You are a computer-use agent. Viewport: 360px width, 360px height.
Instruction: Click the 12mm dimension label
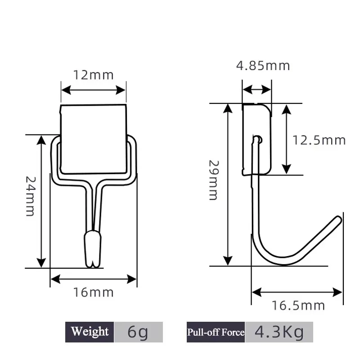click(x=94, y=74)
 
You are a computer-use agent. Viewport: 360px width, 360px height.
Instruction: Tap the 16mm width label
click(x=94, y=293)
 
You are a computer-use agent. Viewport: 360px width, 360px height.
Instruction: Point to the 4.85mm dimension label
click(x=263, y=66)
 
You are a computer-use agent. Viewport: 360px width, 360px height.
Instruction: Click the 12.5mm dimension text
click(x=319, y=140)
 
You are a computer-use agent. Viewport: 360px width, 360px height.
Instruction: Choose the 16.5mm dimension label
click(x=298, y=306)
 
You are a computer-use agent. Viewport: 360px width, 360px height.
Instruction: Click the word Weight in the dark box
click(x=90, y=332)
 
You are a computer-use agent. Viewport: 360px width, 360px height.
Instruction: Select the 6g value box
click(x=138, y=333)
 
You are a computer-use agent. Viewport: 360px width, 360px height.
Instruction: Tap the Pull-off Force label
click(x=216, y=333)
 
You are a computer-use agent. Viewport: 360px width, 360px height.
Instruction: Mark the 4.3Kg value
click(x=279, y=333)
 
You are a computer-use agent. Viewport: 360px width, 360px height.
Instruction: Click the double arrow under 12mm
click(x=93, y=90)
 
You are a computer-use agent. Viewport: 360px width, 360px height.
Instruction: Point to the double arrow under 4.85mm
click(x=257, y=90)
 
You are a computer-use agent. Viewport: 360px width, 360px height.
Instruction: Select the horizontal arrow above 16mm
click(x=93, y=279)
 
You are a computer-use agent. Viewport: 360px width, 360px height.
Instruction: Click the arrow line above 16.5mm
click(x=297, y=292)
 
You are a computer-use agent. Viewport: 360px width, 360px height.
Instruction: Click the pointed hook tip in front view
click(x=93, y=261)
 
